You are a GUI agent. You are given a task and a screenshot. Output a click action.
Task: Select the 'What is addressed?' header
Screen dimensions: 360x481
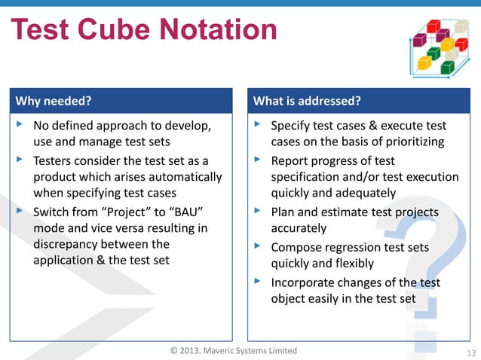307,101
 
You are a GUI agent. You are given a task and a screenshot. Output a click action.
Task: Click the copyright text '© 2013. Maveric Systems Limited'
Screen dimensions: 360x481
234,351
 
